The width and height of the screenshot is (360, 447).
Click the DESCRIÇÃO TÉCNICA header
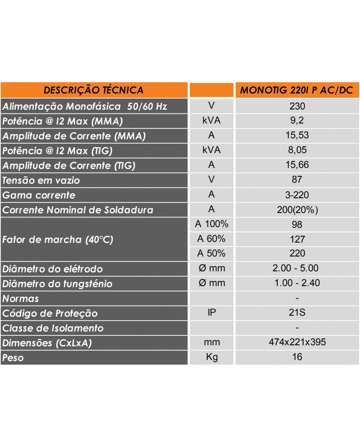[x=94, y=90]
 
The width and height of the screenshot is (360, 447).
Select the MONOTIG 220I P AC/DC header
[x=297, y=90]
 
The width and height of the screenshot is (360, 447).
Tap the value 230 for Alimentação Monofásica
[x=297, y=107]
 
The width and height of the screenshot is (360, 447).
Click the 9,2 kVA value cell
[x=297, y=121]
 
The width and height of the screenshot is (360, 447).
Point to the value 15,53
[x=297, y=135]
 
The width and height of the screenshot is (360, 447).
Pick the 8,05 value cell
[x=297, y=150]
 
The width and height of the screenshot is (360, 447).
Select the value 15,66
[x=297, y=165]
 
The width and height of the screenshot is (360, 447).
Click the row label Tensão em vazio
[x=41, y=181]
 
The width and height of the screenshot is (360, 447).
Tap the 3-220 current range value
[x=297, y=195]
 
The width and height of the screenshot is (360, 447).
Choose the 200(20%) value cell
[x=297, y=210]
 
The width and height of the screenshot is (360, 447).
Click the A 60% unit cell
[x=211, y=239]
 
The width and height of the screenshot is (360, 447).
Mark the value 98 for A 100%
[x=297, y=224]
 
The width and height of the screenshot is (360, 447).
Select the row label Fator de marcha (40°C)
[x=58, y=239]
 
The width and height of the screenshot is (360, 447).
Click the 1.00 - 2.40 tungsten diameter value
[x=297, y=283]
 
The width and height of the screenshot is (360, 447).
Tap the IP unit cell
[x=211, y=313]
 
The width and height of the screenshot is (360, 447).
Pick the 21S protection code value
[x=297, y=313]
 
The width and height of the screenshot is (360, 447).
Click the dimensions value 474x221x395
[x=297, y=343]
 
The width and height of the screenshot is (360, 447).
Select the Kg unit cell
[x=211, y=357]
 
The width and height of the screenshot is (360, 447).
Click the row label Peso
[x=13, y=358]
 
